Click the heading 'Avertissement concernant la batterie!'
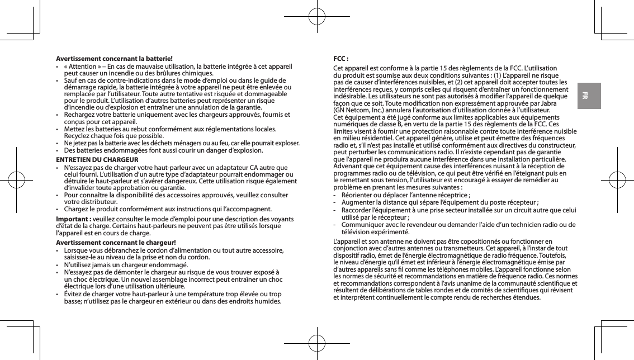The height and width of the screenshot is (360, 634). coord(114,58)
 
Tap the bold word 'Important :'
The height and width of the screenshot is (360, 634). coord(73,218)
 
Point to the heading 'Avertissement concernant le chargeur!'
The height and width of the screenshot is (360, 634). coord(115,242)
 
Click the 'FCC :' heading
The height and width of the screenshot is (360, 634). coord(341,58)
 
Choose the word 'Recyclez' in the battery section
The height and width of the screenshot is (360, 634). coord(79,135)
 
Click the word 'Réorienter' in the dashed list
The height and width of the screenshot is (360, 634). coord(358,195)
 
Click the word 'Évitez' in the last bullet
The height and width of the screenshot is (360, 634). coord(74,293)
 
